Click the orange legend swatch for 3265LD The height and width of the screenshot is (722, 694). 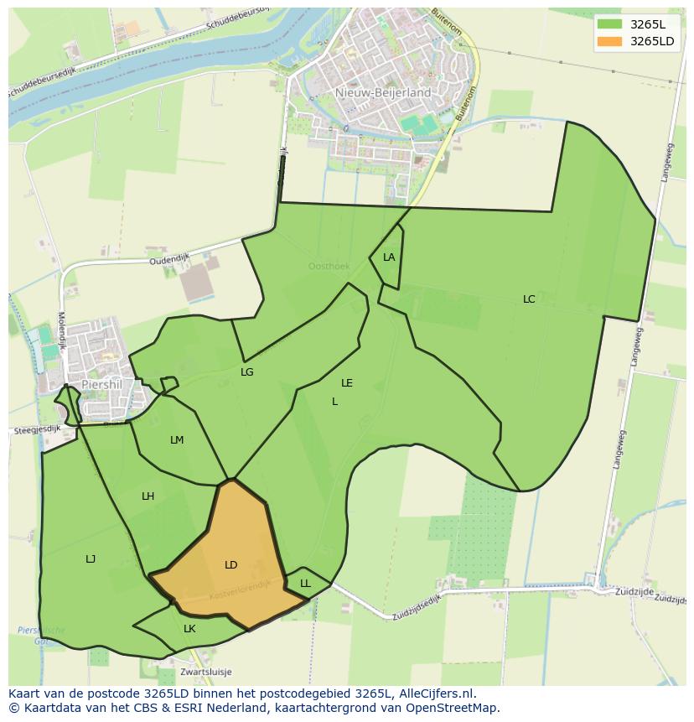(610, 42)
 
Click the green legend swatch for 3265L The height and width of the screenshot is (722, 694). (610, 24)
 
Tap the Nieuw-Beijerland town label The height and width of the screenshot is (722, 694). (382, 92)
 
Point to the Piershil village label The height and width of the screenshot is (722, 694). (102, 385)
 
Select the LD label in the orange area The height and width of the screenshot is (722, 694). (231, 565)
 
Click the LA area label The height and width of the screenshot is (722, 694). (389, 257)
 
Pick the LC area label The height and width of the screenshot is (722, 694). (529, 299)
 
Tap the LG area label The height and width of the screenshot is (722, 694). (247, 372)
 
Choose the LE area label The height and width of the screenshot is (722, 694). (347, 383)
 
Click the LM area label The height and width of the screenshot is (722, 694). (177, 440)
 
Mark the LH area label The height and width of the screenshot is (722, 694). (148, 496)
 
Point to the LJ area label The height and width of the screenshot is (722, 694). (91, 559)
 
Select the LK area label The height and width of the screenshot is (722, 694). (189, 629)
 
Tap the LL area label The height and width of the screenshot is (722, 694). (305, 584)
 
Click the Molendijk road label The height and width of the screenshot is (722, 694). (60, 329)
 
